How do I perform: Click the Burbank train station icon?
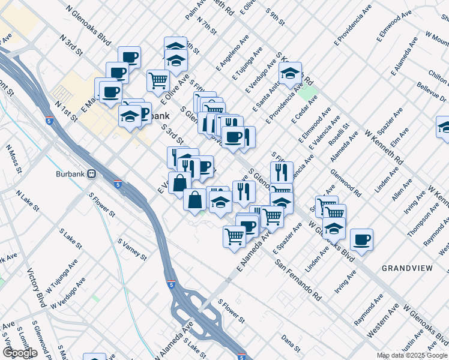92,174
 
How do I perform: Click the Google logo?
20,353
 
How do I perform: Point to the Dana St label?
290,341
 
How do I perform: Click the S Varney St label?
132,249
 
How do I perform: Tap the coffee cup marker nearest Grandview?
361,240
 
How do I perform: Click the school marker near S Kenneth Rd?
289,74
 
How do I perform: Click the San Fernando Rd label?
298,279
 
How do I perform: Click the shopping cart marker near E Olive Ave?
158,80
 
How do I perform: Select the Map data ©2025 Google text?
412,355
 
